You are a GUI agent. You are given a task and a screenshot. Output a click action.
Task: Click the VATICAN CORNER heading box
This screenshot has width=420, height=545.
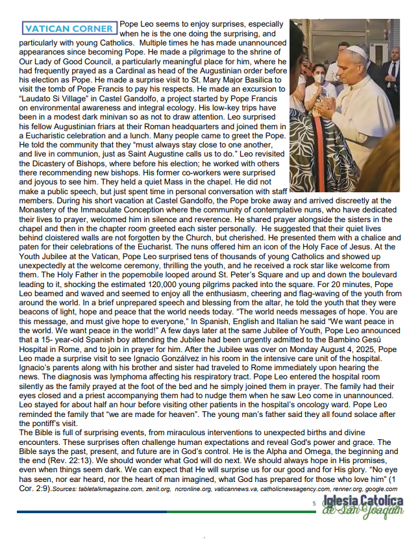(69, 28)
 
